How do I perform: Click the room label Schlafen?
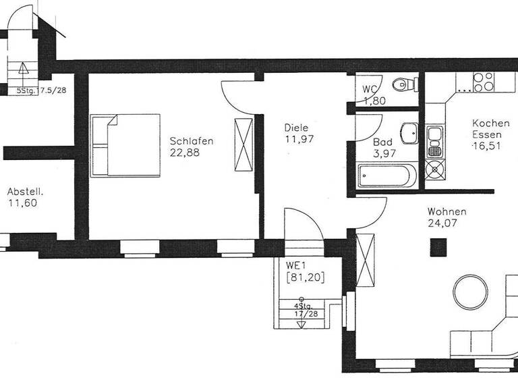[x=192, y=141]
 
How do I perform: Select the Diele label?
[x=296, y=127]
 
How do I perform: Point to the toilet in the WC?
[x=402, y=85]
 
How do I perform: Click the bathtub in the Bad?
[x=385, y=179]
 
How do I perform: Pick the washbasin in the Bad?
[x=408, y=132]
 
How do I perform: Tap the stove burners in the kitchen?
[x=483, y=82]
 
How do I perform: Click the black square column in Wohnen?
[x=438, y=248]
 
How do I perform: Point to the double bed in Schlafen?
[x=125, y=145]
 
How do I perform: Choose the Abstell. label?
[x=26, y=191]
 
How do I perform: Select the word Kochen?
[x=491, y=123]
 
